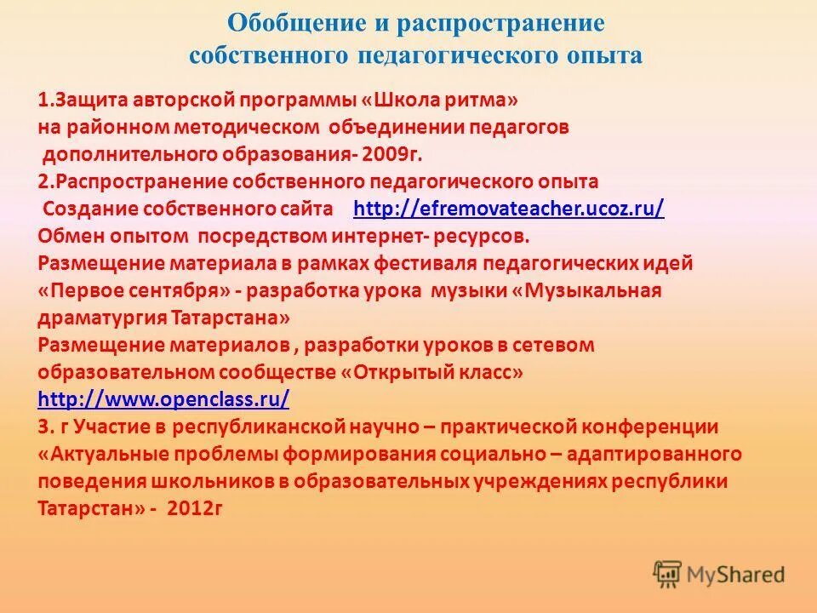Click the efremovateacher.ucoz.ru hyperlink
tap(508, 209)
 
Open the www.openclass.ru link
tap(164, 399)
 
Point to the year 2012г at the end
tap(195, 508)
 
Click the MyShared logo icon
tap(668, 573)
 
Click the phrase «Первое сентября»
tap(135, 290)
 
